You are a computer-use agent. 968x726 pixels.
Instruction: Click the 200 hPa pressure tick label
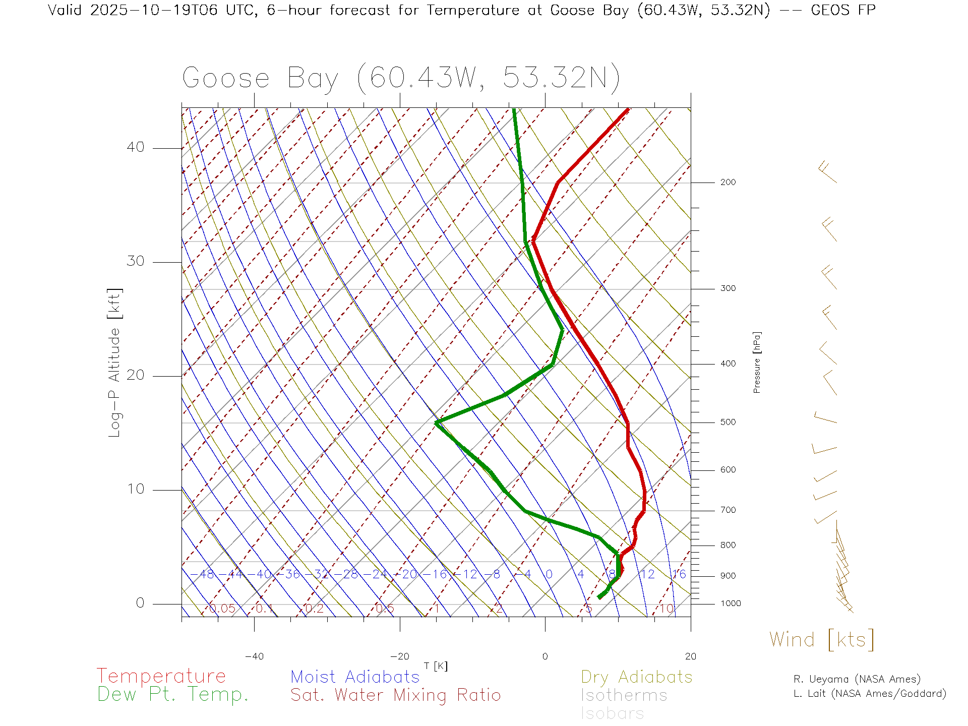coord(728,183)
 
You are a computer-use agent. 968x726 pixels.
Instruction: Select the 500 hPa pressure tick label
coord(728,422)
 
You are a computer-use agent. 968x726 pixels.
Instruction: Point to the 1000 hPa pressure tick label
coord(730,603)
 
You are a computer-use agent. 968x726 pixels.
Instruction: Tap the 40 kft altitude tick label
coord(135,147)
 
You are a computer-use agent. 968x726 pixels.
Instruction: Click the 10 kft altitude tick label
coord(135,489)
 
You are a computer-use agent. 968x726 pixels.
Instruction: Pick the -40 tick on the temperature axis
coord(254,656)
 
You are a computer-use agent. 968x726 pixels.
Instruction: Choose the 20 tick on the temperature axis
coord(690,656)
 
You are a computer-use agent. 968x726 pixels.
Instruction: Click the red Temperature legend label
coord(161,676)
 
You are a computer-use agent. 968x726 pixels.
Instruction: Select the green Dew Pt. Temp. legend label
coord(173,695)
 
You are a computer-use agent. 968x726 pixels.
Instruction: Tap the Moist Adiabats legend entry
coord(355,677)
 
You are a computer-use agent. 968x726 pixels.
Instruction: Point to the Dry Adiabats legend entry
coord(637,677)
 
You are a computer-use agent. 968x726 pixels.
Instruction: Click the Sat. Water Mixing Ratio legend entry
coord(396,695)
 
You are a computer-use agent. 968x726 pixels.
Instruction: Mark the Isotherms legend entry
coord(624,695)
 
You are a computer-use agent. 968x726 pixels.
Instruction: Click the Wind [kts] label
coord(822,639)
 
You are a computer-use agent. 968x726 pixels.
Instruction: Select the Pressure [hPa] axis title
coord(757,362)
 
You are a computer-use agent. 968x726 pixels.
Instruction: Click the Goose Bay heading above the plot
coord(401,78)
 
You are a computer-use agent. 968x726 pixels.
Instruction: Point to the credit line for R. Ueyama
coord(857,679)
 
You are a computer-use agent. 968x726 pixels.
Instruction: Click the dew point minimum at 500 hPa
coord(437,422)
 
